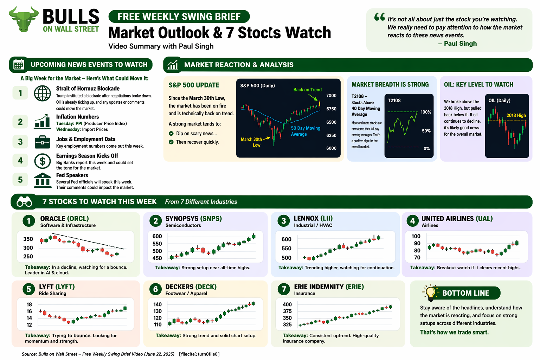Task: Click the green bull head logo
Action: pos(24,19)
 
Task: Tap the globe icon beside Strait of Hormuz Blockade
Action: pos(42,94)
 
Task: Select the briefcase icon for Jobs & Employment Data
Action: pos(42,142)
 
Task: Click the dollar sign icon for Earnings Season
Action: pos(42,161)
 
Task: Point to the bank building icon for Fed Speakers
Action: pos(43,180)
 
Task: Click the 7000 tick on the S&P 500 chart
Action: pos(331,96)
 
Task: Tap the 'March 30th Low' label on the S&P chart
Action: pos(252,142)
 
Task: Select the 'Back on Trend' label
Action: pos(307,90)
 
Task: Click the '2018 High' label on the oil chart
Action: pos(516,115)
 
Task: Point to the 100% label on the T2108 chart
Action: pos(426,112)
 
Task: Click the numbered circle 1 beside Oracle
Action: pos(29,221)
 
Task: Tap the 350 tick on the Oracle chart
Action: pos(28,239)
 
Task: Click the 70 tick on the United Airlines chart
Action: pos(417,257)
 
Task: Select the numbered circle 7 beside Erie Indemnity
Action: pos(283,289)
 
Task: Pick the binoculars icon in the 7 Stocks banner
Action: pos(25,202)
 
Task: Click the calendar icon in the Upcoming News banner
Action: pos(19,65)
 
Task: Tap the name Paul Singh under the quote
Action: pos(460,44)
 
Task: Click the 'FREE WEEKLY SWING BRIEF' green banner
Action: pos(179,17)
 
